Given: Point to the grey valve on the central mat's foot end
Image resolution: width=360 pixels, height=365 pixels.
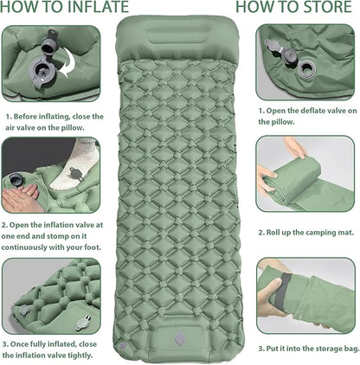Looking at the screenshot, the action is click(180, 338).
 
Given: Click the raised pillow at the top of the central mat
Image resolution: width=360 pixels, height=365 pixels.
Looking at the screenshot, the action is click(178, 37).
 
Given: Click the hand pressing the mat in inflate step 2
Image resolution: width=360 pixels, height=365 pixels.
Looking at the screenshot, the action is click(21, 197).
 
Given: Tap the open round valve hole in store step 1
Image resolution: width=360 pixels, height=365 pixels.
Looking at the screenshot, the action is click(305, 69).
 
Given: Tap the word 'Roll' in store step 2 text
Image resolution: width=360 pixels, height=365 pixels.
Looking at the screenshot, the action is click(273, 233).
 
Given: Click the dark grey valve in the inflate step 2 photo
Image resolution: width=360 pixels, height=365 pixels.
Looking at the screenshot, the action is click(15, 180).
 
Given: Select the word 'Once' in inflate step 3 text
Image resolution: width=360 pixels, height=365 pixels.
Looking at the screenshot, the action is click(19, 344).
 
